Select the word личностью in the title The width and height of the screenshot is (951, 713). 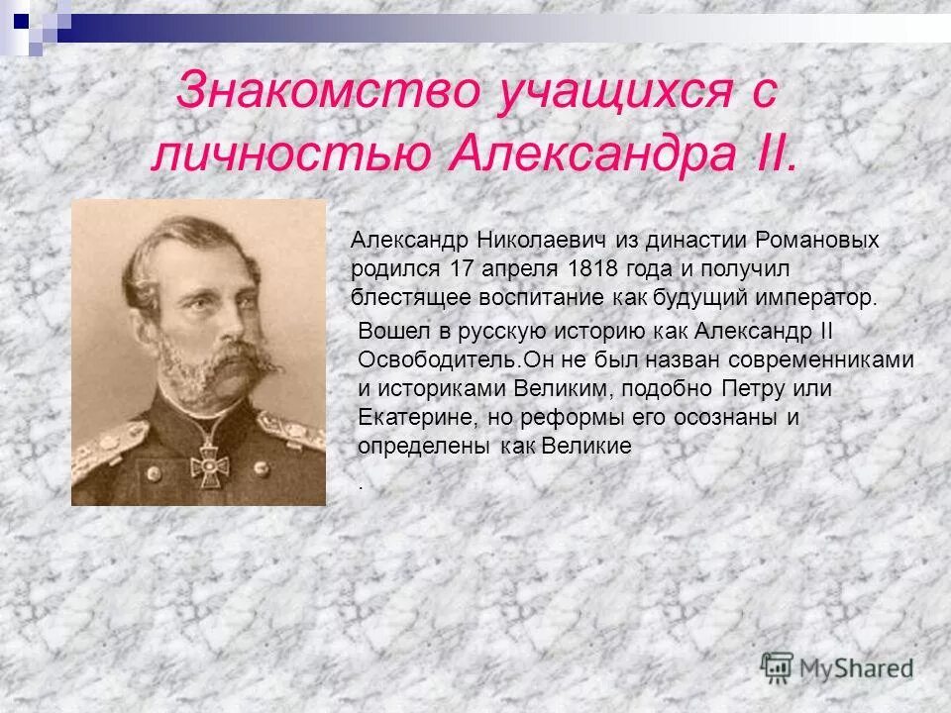coord(290,155)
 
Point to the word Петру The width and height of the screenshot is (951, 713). coord(740,388)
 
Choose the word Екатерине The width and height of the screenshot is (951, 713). coord(403,417)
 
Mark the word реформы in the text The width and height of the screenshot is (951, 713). coord(554,417)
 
